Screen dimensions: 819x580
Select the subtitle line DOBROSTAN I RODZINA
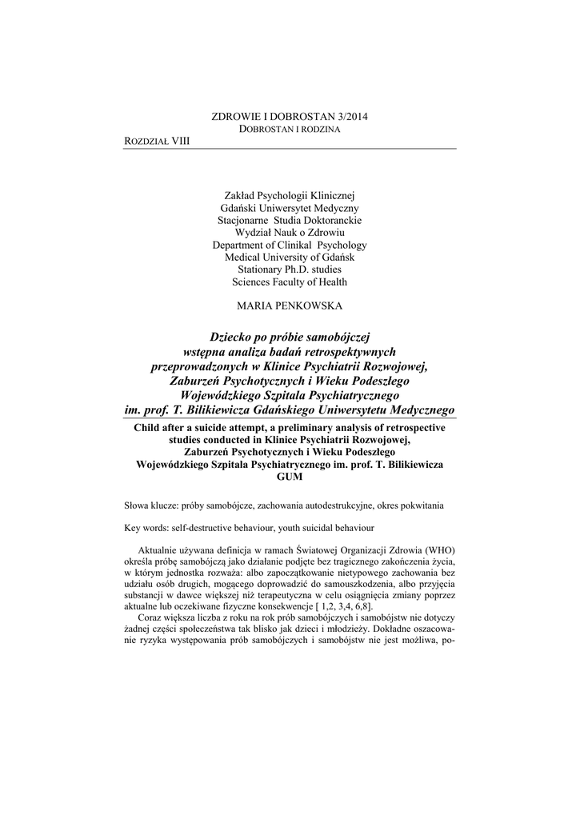[x=290, y=129]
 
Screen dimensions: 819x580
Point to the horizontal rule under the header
[x=290, y=149]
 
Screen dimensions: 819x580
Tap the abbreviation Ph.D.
[x=291, y=270]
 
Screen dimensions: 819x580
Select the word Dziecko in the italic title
[x=234, y=337]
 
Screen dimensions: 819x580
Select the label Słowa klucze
[x=151, y=506]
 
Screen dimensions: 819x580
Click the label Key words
[x=147, y=528]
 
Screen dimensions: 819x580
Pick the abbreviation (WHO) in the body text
[x=439, y=551]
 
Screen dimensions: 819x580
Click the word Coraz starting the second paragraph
[x=152, y=619]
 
